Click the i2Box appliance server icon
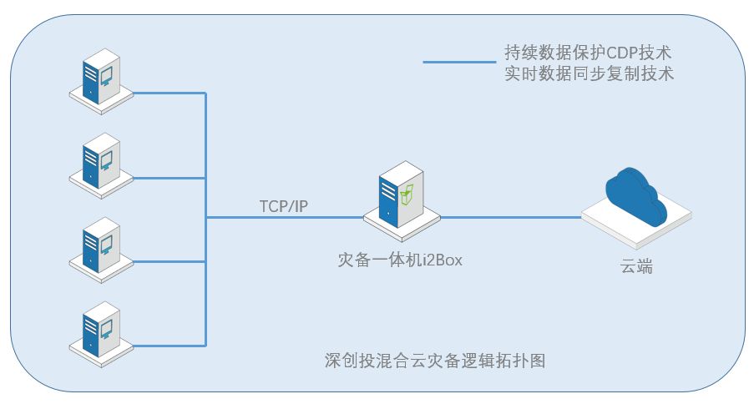point(397,200)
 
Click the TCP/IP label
point(284,206)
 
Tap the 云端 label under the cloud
point(636,267)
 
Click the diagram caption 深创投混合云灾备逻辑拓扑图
point(435,361)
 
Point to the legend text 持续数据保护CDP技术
point(589,53)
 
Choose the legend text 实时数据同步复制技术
point(589,73)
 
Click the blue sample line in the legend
point(458,62)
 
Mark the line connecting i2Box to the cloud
point(509,218)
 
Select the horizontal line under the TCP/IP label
point(284,218)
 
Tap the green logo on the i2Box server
point(407,196)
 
